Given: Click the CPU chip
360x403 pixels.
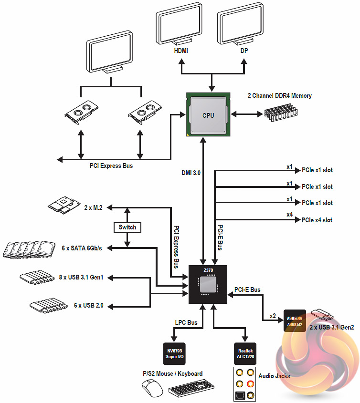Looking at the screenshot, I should pos(208,115).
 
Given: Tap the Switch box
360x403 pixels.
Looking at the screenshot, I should pos(127,227).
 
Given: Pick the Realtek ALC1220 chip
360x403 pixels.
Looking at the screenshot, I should pos(244,353).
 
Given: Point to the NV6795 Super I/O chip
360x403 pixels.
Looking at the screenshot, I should pos(174,353).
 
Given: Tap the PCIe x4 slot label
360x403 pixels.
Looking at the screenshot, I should pos(317,220).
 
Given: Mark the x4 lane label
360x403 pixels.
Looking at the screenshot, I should pos(289,215).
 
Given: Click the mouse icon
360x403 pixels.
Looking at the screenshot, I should pos(153,390).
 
